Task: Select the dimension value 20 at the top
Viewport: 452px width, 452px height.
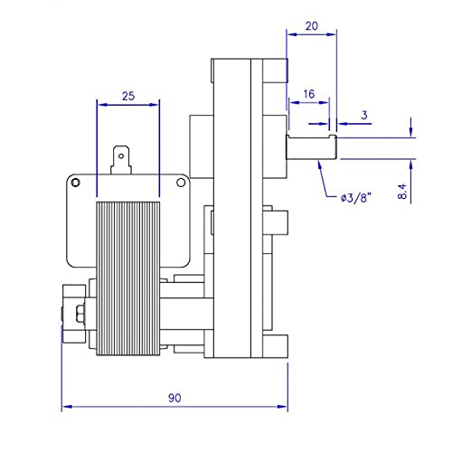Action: point(310,28)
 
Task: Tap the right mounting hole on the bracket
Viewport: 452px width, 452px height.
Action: point(181,184)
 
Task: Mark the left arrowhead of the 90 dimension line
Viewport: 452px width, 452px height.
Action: point(65,404)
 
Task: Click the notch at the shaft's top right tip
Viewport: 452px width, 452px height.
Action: point(334,137)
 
